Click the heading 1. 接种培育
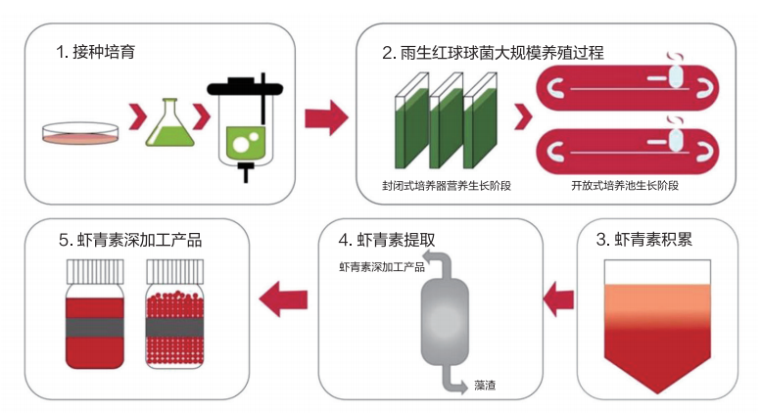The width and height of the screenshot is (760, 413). click(x=95, y=52)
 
